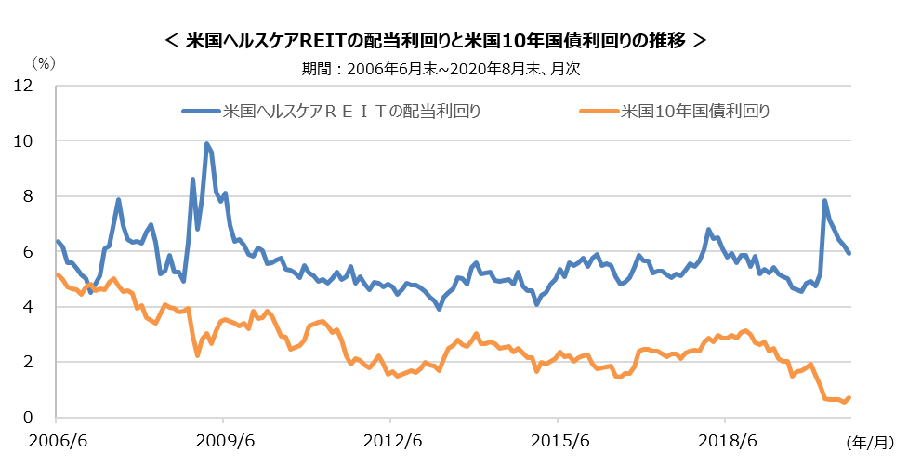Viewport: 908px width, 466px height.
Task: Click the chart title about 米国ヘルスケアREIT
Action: (435, 41)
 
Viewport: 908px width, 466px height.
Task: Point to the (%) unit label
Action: (45, 62)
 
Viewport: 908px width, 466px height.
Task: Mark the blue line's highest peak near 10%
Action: (206, 144)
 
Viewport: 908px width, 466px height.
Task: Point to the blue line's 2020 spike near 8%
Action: (824, 200)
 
